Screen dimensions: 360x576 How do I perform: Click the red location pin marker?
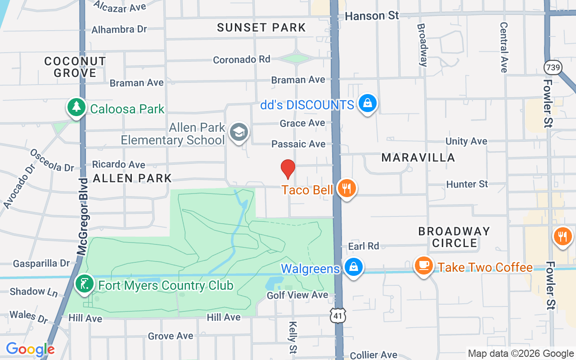(288, 169)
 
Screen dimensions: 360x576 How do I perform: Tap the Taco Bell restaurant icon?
(346, 188)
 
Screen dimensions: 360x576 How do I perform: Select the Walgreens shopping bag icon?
(354, 267)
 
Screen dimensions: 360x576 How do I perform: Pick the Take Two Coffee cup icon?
(423, 265)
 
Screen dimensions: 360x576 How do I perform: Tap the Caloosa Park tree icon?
(77, 107)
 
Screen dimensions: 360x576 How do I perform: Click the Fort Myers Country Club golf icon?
(84, 284)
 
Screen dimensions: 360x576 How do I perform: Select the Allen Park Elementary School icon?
(238, 132)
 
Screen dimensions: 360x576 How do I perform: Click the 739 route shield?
(552, 67)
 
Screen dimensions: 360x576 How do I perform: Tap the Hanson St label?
(372, 16)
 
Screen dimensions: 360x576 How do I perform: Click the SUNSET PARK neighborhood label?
(261, 27)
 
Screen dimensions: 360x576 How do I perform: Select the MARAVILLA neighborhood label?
(418, 157)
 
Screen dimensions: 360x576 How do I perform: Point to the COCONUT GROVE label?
(75, 67)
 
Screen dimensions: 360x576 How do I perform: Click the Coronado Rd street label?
(242, 59)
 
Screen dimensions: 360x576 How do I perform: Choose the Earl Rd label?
(364, 246)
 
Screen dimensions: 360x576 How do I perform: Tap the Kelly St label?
(293, 337)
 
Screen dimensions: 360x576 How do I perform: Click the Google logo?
(30, 349)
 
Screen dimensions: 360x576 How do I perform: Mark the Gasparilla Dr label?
(41, 263)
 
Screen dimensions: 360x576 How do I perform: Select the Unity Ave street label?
(466, 141)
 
